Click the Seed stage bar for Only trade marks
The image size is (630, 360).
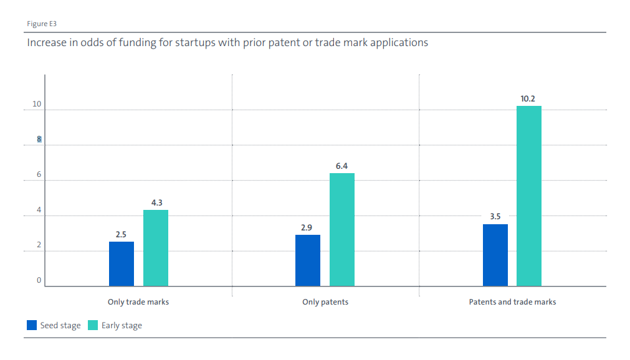tap(122, 264)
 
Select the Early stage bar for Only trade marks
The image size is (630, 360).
tap(156, 248)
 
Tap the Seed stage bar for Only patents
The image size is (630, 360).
tap(308, 260)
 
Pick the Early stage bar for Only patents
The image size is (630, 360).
tap(342, 230)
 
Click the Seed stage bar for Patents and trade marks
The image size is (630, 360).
tap(495, 255)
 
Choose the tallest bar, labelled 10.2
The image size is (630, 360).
tap(529, 196)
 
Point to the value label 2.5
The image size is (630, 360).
tap(121, 235)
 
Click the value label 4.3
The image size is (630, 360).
tap(156, 202)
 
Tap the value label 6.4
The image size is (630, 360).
tap(341, 166)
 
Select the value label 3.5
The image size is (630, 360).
tap(495, 217)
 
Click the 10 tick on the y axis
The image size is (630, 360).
tap(37, 104)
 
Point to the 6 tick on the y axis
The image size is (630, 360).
tap(39, 175)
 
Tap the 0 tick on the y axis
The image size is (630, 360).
tap(39, 281)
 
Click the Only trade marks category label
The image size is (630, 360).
tap(138, 302)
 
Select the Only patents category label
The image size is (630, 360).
tap(325, 302)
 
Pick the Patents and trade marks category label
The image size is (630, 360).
tap(512, 302)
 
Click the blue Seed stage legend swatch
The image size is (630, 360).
tap(31, 325)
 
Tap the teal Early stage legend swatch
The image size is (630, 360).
tap(93, 325)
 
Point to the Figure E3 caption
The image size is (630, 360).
tap(42, 24)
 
